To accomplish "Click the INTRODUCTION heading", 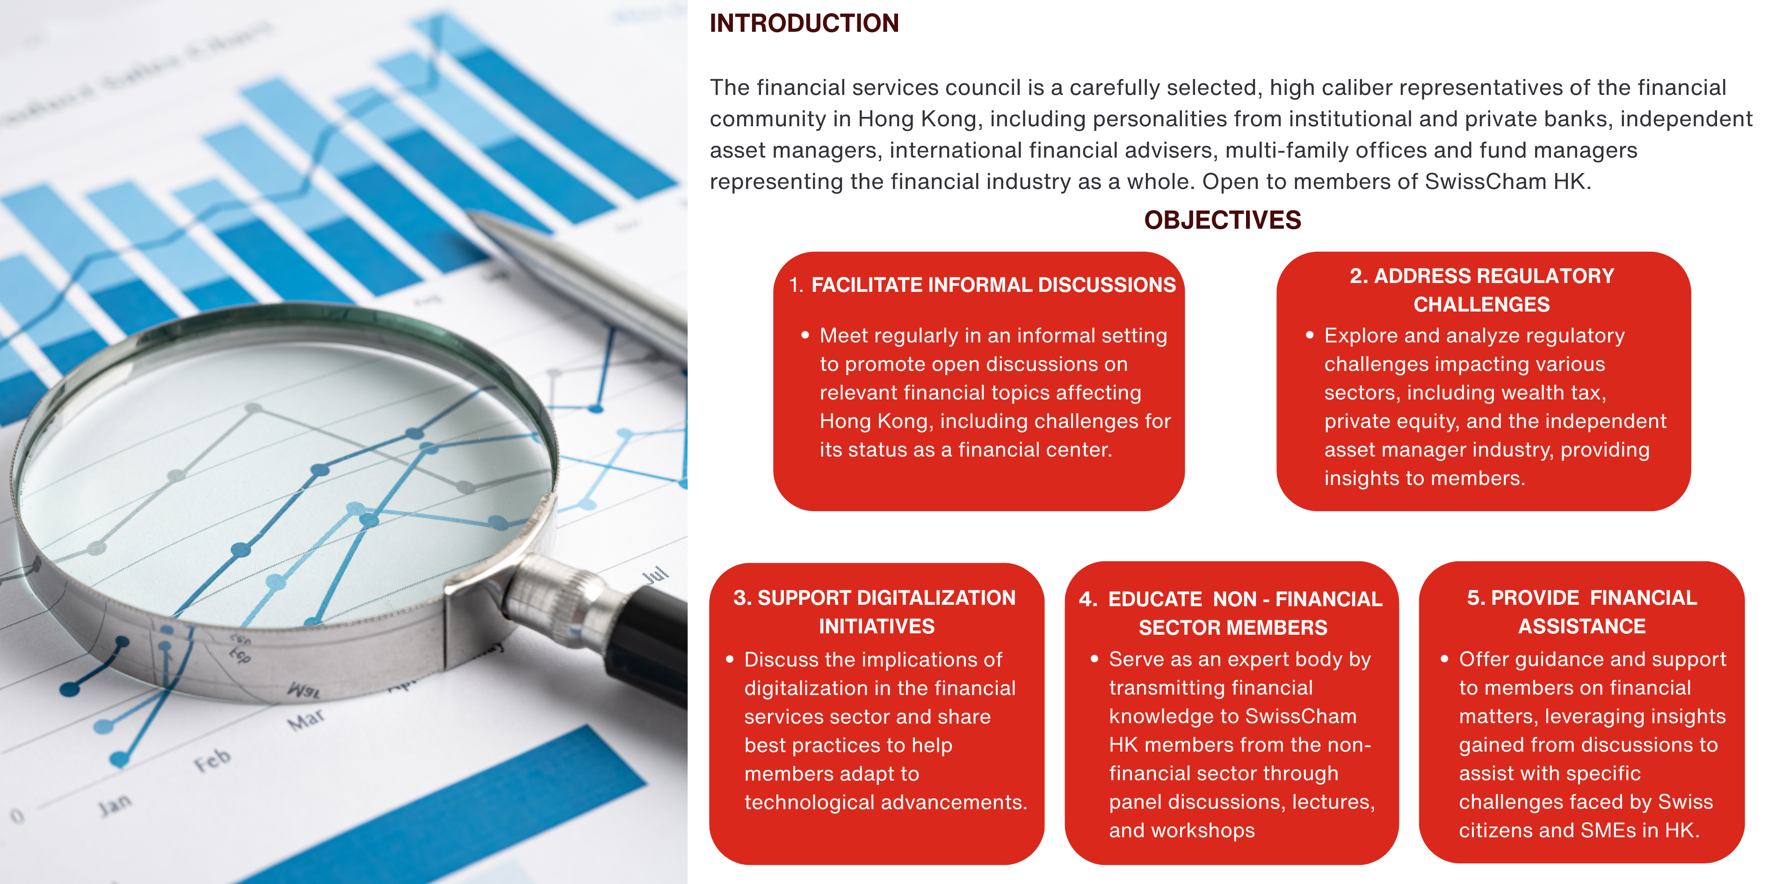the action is tap(804, 23).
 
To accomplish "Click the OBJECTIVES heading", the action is tap(1222, 220).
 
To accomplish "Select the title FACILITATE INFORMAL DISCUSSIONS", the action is tap(993, 285).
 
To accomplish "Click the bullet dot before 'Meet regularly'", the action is tap(805, 335).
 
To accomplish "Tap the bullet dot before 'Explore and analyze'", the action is tap(1310, 335).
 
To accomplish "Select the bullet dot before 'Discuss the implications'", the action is tap(730, 659).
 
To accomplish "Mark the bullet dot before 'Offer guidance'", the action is tap(1444, 659).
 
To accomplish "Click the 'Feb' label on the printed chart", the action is tap(212, 760).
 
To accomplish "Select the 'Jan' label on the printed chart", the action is tap(114, 803).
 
